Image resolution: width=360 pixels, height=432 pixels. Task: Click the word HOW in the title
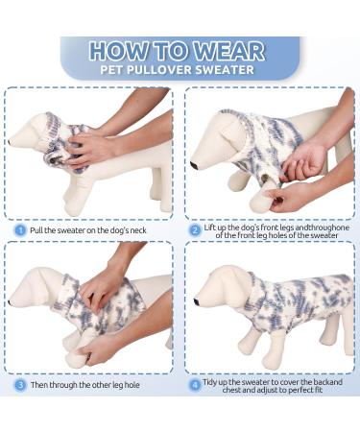(x=119, y=51)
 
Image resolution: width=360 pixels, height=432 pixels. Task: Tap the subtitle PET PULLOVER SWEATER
(x=180, y=70)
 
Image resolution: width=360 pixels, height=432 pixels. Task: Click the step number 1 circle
(x=19, y=229)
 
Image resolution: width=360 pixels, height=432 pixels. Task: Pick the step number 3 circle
(x=19, y=385)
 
